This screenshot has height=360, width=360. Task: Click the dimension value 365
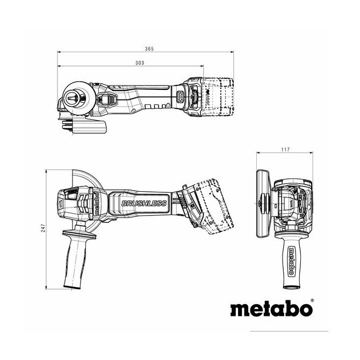coord(149,49)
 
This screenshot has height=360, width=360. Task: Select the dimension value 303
coord(140,63)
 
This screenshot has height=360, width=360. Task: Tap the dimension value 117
coord(285,149)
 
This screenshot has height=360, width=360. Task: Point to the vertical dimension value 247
coord(43,228)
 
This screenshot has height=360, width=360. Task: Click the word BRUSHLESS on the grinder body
coord(144,204)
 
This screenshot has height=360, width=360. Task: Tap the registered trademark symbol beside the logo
coord(312,300)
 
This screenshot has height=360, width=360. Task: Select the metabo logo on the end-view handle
coord(291,261)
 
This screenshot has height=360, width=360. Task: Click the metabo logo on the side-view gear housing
coord(97,204)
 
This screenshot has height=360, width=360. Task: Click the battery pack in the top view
coord(217,97)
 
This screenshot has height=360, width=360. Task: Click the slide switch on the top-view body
coord(106,100)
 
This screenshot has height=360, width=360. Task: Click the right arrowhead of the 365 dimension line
coord(232,52)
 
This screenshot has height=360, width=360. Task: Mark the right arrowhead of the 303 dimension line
coord(202,66)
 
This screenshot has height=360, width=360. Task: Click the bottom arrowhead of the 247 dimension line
coord(46,287)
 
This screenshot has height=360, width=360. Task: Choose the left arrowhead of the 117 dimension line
coord(258,153)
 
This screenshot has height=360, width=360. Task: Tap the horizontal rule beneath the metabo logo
coord(289,331)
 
